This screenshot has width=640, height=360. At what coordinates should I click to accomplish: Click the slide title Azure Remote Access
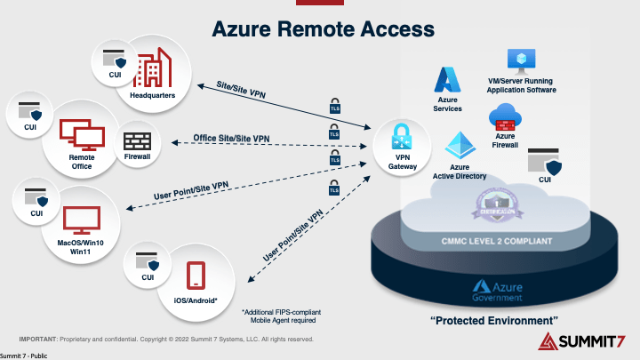(x=319, y=28)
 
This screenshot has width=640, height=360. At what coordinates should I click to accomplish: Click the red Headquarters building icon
(x=152, y=68)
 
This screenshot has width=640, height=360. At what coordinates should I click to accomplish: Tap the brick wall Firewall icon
(x=138, y=140)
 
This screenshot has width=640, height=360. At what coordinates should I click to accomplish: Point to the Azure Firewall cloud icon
(x=504, y=116)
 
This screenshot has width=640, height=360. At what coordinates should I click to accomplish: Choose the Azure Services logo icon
(x=448, y=80)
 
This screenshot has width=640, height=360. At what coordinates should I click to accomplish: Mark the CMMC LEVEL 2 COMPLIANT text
(x=497, y=241)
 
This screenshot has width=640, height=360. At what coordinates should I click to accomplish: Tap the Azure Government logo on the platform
(x=498, y=288)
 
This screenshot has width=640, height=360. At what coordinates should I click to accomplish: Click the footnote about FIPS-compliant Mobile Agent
(x=280, y=316)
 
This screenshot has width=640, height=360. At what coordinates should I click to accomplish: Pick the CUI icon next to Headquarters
(x=114, y=63)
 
